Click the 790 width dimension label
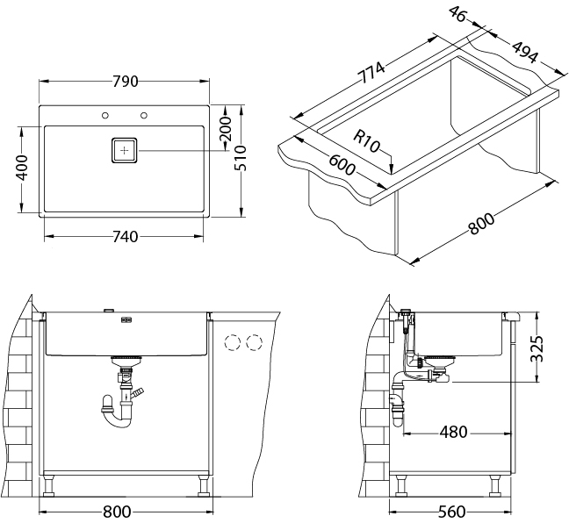126,82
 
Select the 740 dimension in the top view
126,237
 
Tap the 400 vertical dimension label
22,168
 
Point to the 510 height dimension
241,158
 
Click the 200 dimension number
226,129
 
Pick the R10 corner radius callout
366,142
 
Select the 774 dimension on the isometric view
371,73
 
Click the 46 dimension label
457,14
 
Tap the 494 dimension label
524,53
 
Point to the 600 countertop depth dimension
341,164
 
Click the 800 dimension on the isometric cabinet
481,224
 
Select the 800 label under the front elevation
117,512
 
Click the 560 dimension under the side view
452,512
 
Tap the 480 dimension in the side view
454,432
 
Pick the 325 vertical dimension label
537,348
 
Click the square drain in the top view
124,151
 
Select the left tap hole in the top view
105,116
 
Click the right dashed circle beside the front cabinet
255,342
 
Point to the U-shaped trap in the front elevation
116,413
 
